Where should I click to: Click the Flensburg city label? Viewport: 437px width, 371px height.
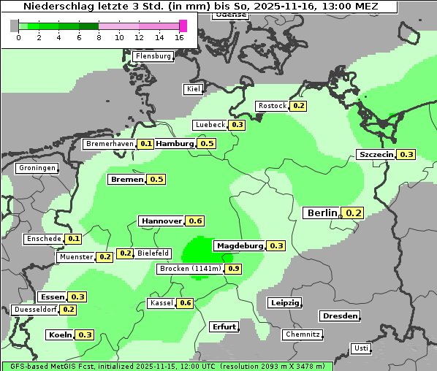[x=153, y=56]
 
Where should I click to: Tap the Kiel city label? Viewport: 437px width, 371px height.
[x=193, y=89]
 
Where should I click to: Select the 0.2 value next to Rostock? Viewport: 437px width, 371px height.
[x=298, y=106]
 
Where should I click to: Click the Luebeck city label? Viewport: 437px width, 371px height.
[x=210, y=125]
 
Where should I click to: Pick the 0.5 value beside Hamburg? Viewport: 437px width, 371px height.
[x=207, y=144]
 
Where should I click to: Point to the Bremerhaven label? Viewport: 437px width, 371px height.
[x=110, y=144]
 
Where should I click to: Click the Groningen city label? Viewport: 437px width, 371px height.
[x=37, y=168]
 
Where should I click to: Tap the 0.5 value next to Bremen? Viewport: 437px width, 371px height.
[x=156, y=179]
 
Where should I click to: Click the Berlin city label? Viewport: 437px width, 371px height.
[x=322, y=213]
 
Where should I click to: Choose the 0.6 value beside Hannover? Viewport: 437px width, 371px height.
[x=195, y=221]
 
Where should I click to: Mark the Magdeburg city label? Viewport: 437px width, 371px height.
[x=239, y=245]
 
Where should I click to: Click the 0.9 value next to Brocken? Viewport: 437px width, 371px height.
[x=233, y=269]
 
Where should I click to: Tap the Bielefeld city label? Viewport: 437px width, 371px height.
[x=153, y=253]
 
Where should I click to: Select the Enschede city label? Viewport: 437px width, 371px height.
[x=43, y=239]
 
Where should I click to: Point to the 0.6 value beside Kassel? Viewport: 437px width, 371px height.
[x=185, y=303]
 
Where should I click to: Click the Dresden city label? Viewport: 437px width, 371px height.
[x=339, y=316]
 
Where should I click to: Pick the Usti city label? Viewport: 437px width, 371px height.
[x=360, y=348]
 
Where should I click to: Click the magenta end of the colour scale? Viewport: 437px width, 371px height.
[x=183, y=26]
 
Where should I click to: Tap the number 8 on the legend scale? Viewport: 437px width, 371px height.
[x=99, y=37]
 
